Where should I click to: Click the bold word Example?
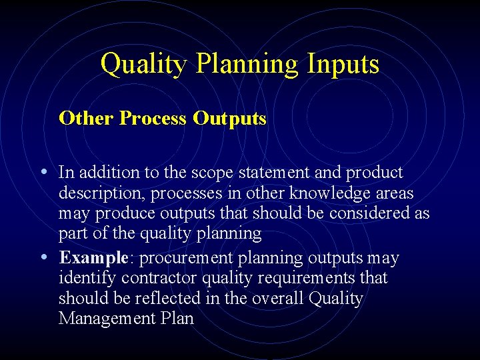coord(93,258)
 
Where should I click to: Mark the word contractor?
coord(151,278)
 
